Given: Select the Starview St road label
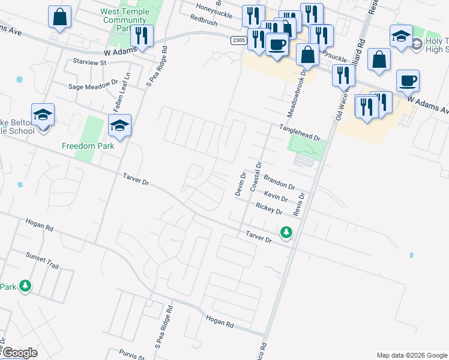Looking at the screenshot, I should pyautogui.click(x=89, y=62).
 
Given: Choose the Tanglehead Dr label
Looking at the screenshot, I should pyautogui.click(x=300, y=133).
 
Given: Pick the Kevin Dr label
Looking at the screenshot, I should pyautogui.click(x=276, y=197).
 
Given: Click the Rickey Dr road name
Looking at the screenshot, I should pyautogui.click(x=268, y=208).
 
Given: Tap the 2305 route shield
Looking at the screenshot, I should pyautogui.click(x=239, y=40).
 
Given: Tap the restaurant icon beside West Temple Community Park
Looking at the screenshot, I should pyautogui.click(x=142, y=36).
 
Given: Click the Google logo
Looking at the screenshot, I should pyautogui.click(x=19, y=353).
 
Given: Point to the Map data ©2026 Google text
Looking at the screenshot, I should pyautogui.click(x=412, y=355).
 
